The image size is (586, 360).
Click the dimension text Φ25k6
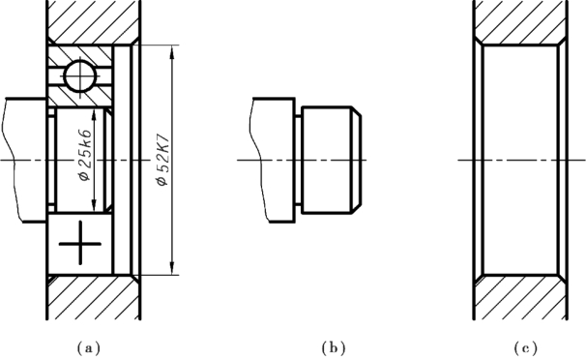tap(85, 155)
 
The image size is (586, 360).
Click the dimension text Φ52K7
tap(163, 160)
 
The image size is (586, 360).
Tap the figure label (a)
tap(89, 348)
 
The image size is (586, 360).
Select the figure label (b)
tap(334, 348)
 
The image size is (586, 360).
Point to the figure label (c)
tap(525, 348)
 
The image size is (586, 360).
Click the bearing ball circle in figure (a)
tap(80, 75)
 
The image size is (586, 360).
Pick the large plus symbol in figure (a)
tap(80, 243)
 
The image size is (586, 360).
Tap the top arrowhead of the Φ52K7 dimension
tap(172, 52)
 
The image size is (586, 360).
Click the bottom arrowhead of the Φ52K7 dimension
tap(172, 268)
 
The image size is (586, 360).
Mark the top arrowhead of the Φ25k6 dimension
tap(94, 115)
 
